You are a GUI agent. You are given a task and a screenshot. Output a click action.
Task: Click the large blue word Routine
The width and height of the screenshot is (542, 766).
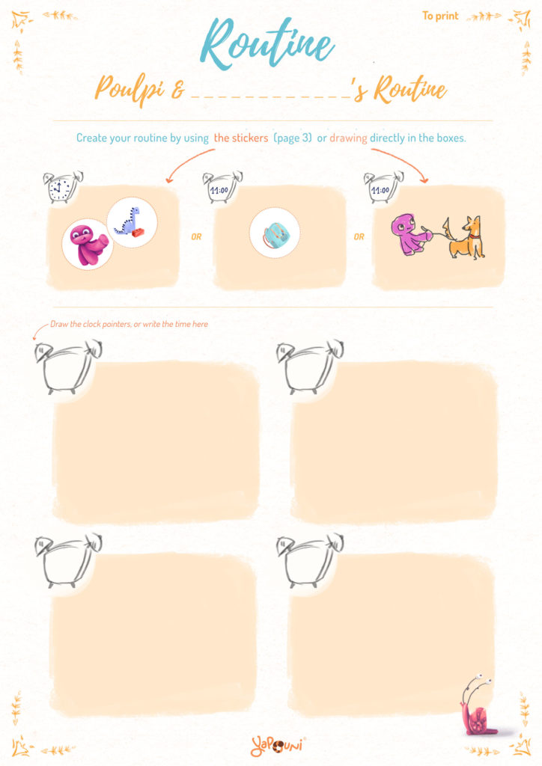267,43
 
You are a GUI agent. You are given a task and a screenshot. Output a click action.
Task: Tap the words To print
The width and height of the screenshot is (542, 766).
440,16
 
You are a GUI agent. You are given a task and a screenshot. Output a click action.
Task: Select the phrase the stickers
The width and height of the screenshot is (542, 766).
241,138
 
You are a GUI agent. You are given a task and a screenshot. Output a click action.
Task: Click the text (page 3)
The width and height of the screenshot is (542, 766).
292,138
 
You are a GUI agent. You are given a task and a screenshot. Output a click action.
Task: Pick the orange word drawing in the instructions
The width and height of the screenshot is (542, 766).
348,138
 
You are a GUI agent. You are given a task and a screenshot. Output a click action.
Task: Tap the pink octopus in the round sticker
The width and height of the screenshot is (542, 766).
88,244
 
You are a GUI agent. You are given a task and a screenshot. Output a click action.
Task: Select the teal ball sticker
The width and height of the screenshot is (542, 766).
275,233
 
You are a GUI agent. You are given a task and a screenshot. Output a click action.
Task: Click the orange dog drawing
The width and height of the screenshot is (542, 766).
466,238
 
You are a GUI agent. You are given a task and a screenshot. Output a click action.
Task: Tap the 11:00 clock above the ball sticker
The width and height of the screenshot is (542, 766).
222,186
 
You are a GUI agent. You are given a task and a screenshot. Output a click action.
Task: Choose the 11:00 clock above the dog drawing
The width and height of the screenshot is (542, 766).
383,186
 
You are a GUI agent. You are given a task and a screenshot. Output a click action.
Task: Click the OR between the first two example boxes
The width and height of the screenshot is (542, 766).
196,237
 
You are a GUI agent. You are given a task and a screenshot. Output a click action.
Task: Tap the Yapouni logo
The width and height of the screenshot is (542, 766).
277,746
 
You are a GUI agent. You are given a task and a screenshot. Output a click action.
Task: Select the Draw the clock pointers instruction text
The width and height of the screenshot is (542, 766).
129,324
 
